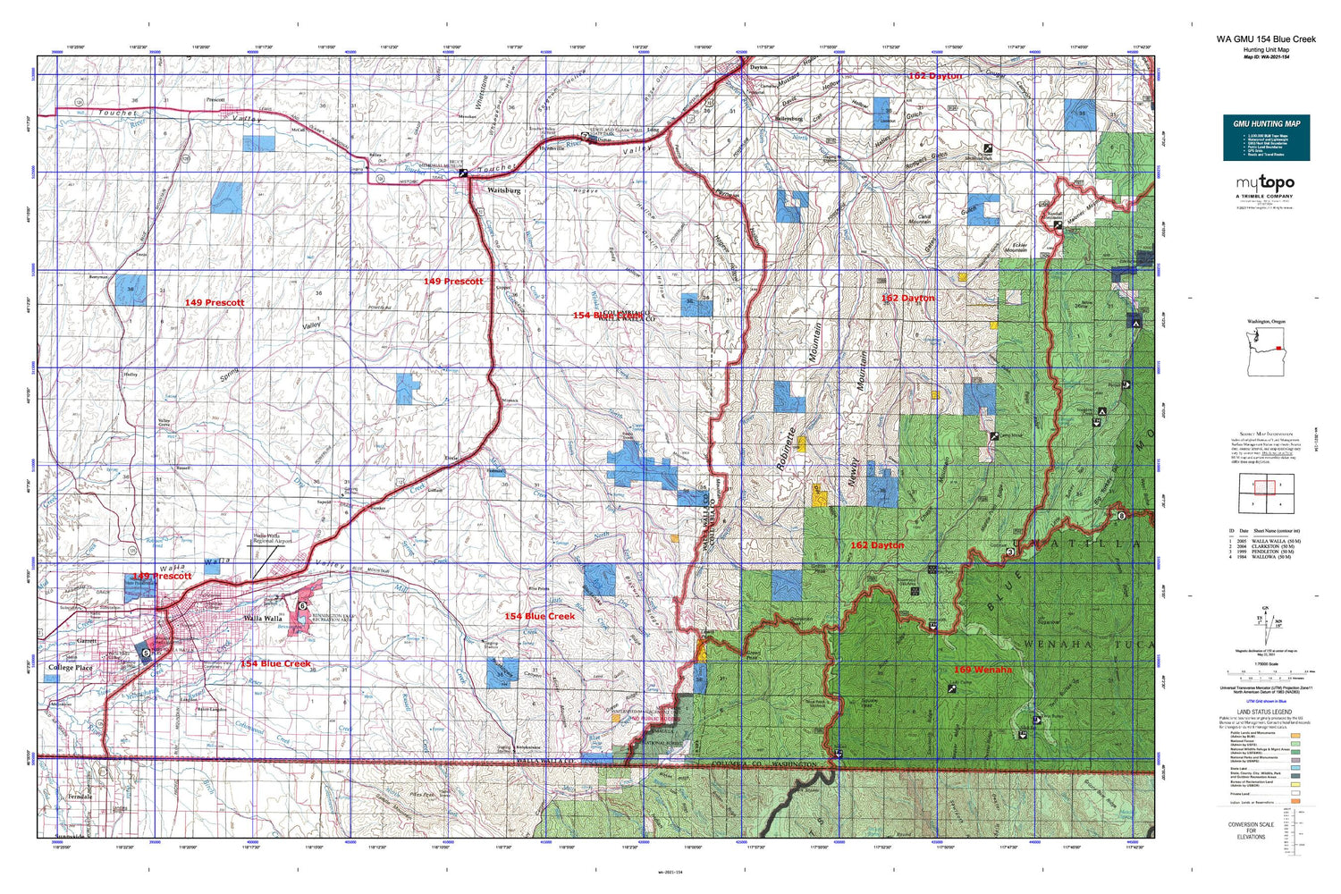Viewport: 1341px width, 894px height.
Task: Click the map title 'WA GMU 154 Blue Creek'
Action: coord(1265,39)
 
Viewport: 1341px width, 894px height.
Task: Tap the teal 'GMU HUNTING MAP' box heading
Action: coord(1266,123)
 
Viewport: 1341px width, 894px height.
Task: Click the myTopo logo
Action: coord(1266,184)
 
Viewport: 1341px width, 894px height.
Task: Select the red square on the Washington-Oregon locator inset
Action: coord(1279,348)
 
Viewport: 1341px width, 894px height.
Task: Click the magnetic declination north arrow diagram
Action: coord(1265,620)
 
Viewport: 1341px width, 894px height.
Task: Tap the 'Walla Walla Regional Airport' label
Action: coord(273,539)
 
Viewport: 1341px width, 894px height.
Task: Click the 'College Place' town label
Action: coord(70,668)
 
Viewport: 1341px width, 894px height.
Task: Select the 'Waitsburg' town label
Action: coord(503,190)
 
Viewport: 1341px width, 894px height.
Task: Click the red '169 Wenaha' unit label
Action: coord(982,670)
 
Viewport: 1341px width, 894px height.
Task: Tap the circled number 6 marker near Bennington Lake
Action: coord(303,606)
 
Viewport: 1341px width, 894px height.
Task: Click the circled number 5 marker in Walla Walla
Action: coord(147,654)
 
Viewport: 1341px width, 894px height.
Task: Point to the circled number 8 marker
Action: coord(1121,516)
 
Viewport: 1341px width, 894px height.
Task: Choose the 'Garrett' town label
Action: coord(86,641)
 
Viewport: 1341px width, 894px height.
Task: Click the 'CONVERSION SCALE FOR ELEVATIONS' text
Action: coord(1251,831)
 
